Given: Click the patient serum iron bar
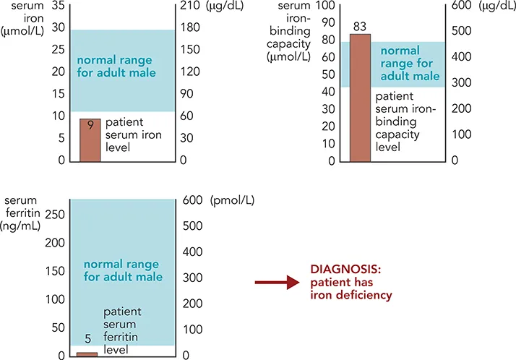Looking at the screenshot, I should click(90, 141).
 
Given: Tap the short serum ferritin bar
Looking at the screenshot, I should click(87, 354).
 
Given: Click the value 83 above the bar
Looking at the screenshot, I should click(360, 27).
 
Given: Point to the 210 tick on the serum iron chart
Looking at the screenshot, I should click(191, 7).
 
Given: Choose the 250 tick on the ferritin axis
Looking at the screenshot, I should click(55, 215).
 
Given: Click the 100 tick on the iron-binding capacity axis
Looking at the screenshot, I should click(325, 7).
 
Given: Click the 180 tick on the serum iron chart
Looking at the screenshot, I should click(191, 29).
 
